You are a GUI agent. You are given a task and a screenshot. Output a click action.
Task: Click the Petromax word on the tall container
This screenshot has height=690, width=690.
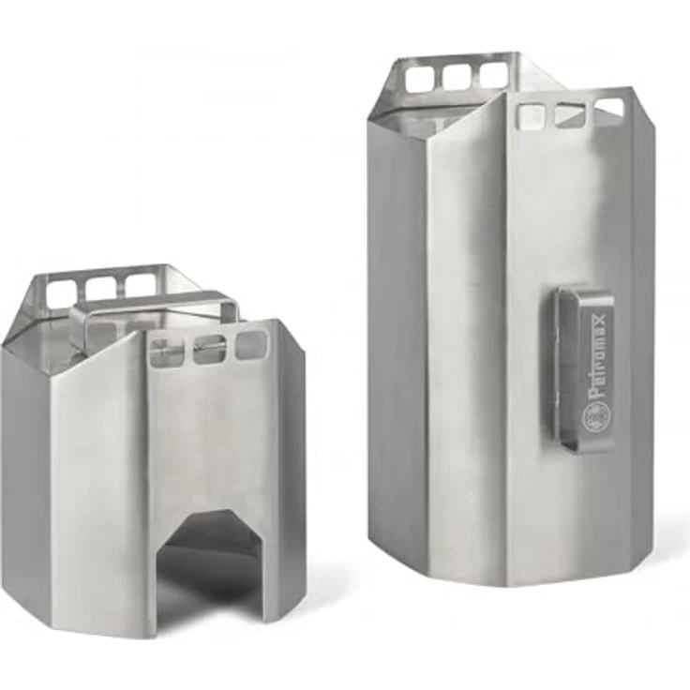[598, 354]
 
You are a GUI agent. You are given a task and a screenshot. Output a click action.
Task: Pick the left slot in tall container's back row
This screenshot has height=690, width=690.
[420, 79]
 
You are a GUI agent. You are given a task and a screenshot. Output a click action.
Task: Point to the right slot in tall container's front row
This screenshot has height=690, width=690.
[608, 109]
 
